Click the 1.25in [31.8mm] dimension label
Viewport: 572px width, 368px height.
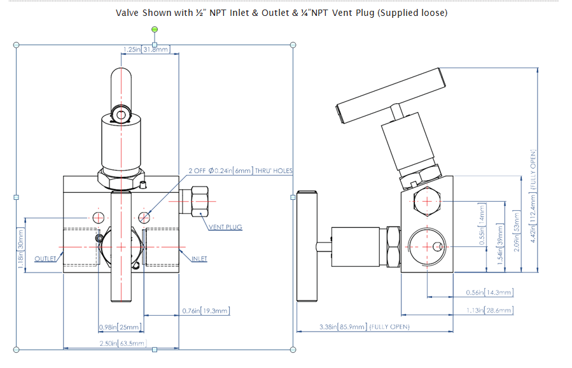coord(146,49)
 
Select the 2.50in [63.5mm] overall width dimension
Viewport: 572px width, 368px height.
coord(125,344)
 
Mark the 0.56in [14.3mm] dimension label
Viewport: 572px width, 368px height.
coord(489,292)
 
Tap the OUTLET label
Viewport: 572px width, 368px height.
coord(46,258)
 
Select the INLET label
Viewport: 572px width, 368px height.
coord(199,258)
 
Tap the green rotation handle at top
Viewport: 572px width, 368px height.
coord(155,30)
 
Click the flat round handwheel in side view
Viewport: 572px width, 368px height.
coord(306,246)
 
